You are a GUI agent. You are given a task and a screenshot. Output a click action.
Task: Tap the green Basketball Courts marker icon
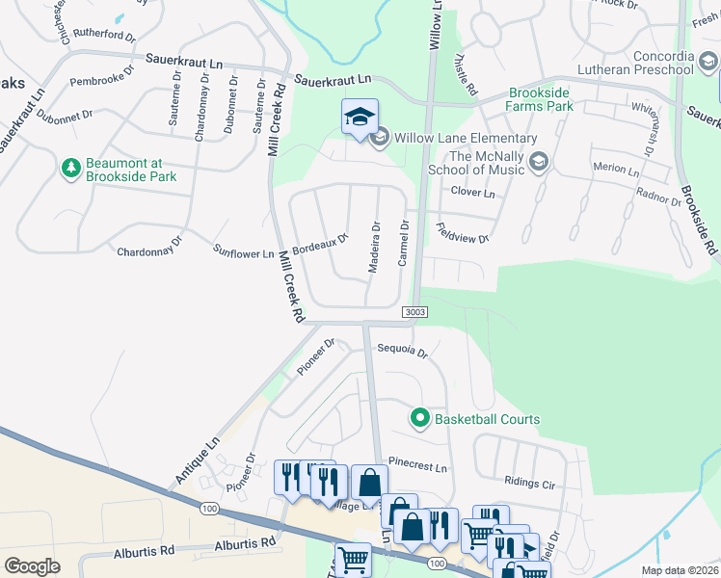click(419, 419)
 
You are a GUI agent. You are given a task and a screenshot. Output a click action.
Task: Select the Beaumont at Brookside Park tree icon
click(70, 169)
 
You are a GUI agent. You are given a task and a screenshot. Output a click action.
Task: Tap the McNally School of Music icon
click(538, 162)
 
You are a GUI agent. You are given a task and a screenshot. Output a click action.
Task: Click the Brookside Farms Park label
click(540, 98)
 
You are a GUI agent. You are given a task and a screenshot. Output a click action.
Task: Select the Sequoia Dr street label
click(402, 352)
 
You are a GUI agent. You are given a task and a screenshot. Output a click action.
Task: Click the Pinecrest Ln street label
click(418, 466)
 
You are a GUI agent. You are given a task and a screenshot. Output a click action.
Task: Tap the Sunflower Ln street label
click(244, 253)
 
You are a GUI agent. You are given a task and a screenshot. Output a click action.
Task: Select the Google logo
click(32, 565)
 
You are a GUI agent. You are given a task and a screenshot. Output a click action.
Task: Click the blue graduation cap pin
click(360, 118)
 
